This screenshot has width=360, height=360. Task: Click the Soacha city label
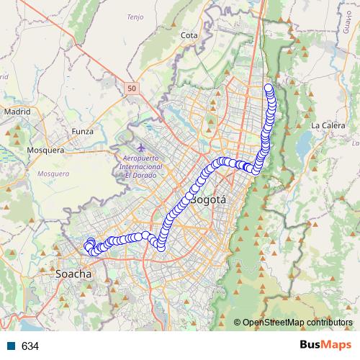73,274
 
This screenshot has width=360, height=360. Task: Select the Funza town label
83,132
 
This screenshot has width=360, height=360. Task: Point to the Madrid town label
17,112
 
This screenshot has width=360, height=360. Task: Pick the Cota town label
189,35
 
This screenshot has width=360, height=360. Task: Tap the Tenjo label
135,16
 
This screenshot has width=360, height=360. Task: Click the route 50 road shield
130,88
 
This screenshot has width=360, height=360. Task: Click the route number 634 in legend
30,346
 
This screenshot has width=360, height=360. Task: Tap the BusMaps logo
323,346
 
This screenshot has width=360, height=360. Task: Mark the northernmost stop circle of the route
269,89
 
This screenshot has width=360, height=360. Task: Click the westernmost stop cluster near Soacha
89,246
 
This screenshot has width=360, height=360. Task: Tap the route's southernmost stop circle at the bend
161,248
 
